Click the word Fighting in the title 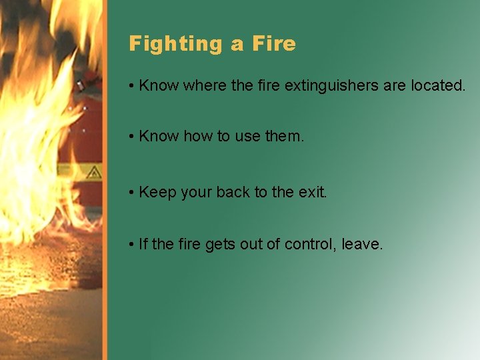(176, 44)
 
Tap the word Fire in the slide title (273, 44)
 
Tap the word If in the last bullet (143, 244)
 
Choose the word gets (219, 245)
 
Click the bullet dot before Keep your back (133, 193)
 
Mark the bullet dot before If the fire (133, 245)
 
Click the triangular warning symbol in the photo (94, 171)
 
